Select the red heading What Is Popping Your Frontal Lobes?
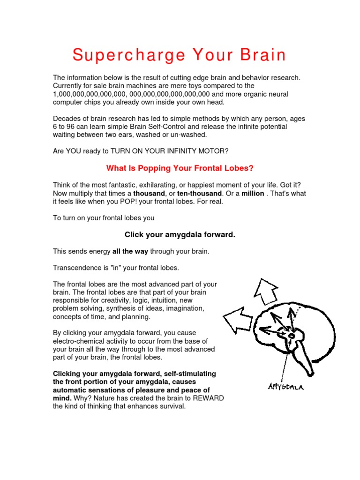pos(180,168)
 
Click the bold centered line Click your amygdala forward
pos(180,234)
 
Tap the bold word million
pos(253,194)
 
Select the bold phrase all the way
pos(130,251)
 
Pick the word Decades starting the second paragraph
pos(67,118)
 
